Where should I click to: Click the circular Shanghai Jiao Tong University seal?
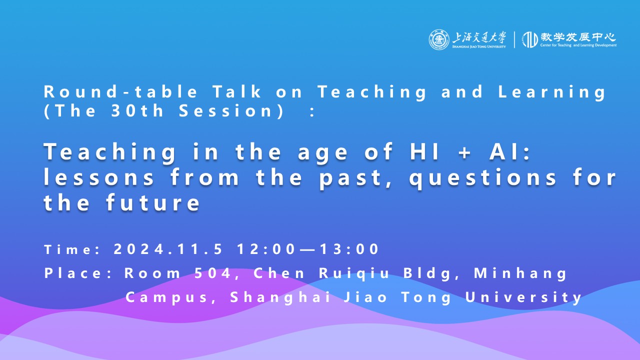click(x=439, y=39)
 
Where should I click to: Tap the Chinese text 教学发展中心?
click(x=577, y=37)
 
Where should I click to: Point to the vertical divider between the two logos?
click(x=514, y=39)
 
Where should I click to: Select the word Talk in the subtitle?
click(x=237, y=91)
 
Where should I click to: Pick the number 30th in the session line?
click(x=137, y=110)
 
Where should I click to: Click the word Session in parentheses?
click(x=225, y=111)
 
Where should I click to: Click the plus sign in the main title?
click(x=465, y=153)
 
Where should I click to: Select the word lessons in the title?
click(x=99, y=177)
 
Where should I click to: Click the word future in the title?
click(x=153, y=202)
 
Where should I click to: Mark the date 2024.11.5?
click(x=168, y=249)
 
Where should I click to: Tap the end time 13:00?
click(x=349, y=249)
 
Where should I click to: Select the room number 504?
click(x=212, y=273)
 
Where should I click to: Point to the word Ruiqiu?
click(x=354, y=273)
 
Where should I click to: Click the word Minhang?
click(x=520, y=273)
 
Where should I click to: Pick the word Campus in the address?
click(x=167, y=298)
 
